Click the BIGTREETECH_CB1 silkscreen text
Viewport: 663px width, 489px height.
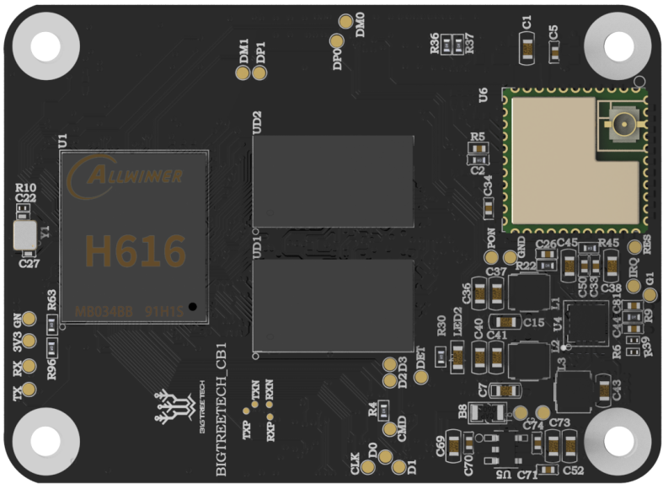pos(222,410)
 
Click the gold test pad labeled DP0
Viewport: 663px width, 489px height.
pos(336,43)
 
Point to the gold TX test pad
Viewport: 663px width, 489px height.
pos(29,390)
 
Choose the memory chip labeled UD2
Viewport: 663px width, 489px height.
pos(334,181)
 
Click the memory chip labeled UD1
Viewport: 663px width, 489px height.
pos(334,304)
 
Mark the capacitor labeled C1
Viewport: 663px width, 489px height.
pos(526,52)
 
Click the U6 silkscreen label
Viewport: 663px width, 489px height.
pos(483,96)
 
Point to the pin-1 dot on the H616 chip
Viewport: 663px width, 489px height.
pos(193,307)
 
